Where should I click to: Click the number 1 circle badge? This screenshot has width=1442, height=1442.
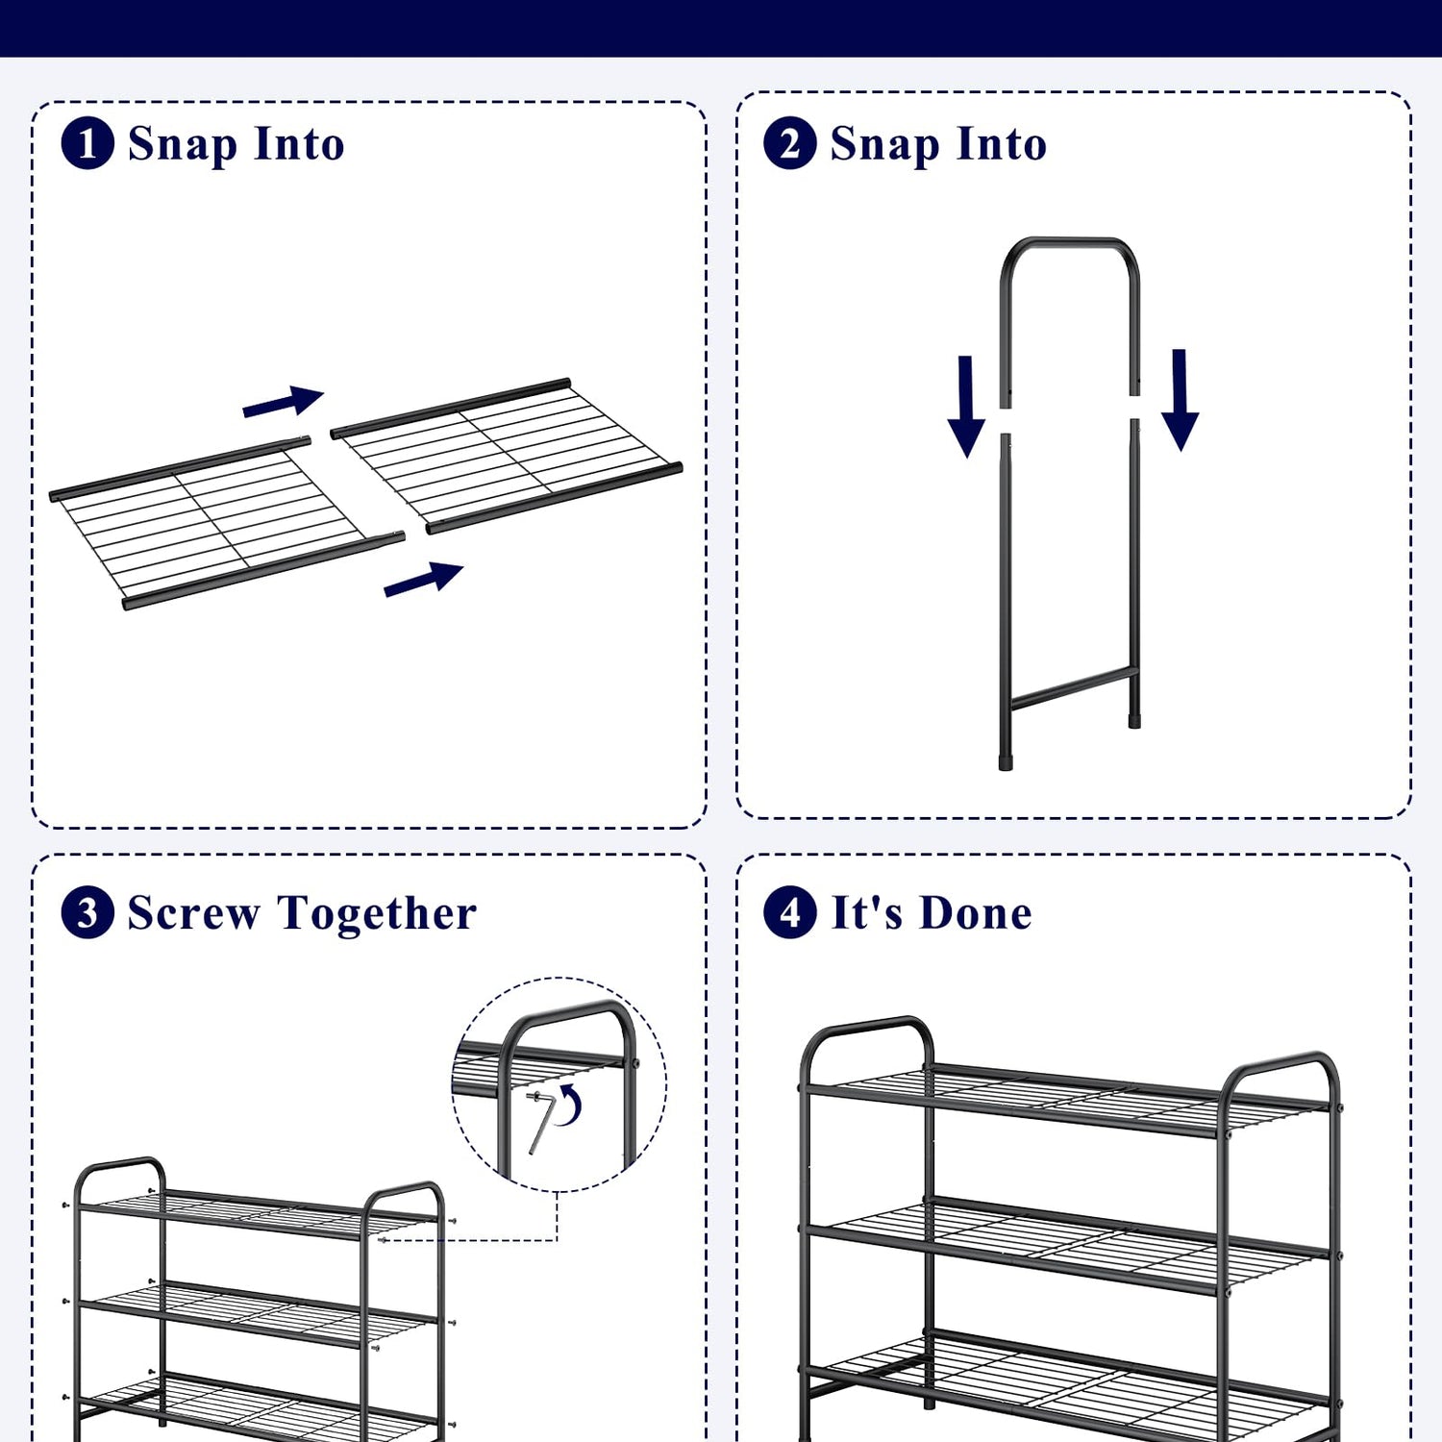[87, 143]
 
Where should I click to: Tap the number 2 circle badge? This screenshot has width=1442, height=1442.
[790, 143]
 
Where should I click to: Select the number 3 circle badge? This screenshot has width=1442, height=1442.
[87, 912]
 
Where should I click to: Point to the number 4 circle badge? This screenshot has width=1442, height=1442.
[790, 912]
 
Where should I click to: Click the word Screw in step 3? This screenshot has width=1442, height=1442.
[193, 912]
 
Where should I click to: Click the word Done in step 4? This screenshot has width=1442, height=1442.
[976, 912]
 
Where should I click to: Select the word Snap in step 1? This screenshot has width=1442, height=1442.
[183, 145]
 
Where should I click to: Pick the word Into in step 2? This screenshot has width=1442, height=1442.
[1002, 143]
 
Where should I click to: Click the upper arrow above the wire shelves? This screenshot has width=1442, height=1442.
[283, 402]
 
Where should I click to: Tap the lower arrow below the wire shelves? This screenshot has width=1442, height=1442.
[424, 580]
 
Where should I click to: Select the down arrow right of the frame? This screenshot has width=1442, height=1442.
[1180, 400]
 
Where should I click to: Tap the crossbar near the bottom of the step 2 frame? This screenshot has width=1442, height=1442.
[1073, 687]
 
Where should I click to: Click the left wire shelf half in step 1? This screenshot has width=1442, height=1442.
[227, 523]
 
